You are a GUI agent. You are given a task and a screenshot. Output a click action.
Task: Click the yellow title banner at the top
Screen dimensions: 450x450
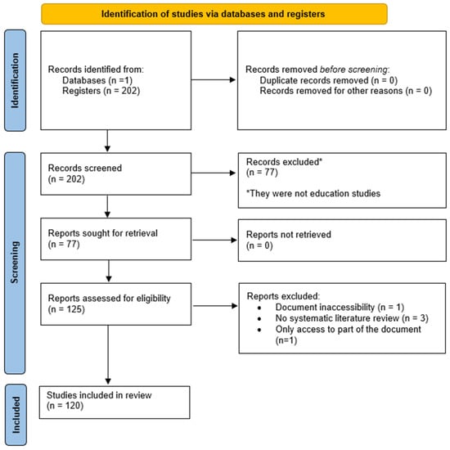coord(214,14)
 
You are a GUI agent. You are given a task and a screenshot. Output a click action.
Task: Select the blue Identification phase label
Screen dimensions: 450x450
coord(15,80)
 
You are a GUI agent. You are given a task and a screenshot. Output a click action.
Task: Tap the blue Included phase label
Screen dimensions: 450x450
coord(16,415)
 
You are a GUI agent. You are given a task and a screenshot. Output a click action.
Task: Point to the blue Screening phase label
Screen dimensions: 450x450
coord(15,263)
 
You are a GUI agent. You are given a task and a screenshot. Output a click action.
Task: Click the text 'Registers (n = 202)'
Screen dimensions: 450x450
coord(101,91)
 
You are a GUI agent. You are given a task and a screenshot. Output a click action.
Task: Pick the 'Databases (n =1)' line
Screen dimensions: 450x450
coord(97,80)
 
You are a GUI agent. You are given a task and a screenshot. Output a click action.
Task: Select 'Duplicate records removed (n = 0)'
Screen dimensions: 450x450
coord(329,80)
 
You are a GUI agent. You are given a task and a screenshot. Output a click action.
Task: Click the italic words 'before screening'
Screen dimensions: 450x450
coord(353,70)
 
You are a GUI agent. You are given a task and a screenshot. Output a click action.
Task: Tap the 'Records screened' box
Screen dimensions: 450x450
coord(116,174)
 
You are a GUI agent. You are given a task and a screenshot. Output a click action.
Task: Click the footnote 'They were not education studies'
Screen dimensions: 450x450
coord(313,193)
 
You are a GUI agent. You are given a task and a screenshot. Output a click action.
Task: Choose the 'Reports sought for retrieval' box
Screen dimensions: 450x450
coord(116,239)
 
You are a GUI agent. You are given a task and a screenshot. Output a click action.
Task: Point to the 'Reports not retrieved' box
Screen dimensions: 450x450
coord(342,241)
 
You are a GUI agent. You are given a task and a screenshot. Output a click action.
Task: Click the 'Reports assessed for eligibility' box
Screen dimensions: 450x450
coord(116,304)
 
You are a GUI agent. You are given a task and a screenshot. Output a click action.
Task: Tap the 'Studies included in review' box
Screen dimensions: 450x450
coord(115,403)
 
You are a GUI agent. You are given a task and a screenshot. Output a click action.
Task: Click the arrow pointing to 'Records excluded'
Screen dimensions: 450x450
coord(214,173)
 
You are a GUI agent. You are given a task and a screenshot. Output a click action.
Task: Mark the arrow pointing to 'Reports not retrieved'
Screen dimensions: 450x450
coord(214,240)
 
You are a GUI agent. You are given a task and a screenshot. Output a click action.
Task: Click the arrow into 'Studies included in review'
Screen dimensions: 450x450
coord(108,355)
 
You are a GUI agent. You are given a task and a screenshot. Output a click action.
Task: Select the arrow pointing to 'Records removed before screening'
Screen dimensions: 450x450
coord(214,80)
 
